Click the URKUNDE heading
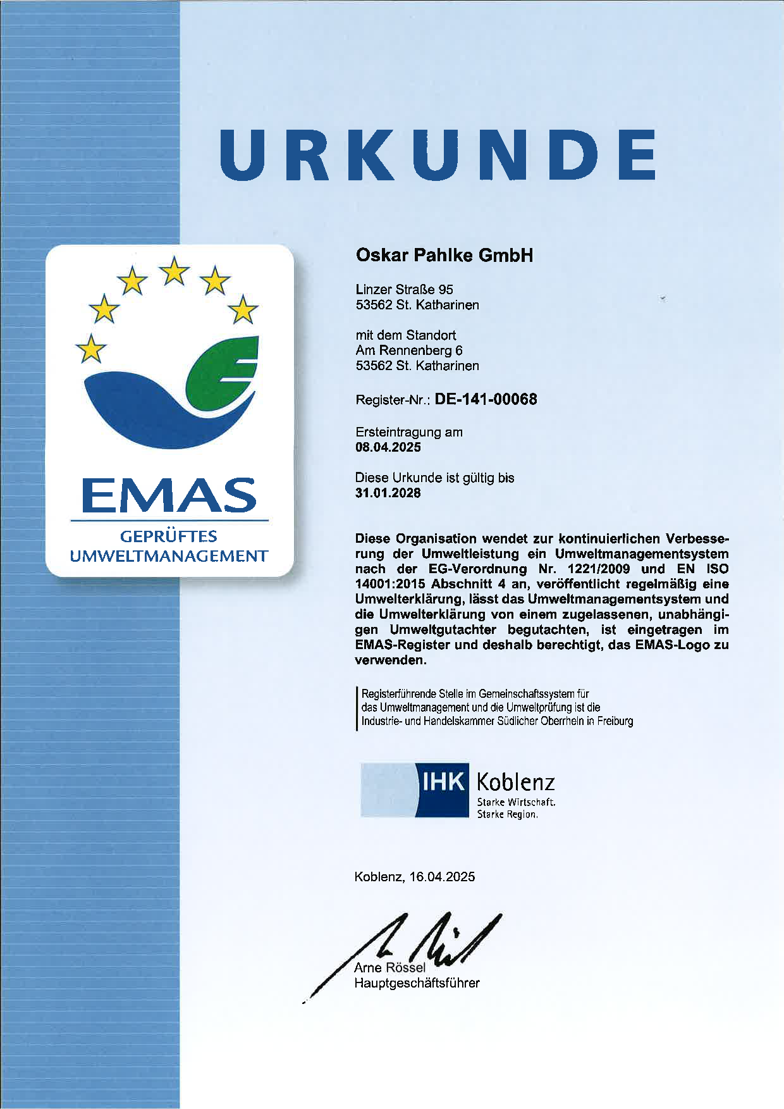438,156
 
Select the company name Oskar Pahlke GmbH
444,255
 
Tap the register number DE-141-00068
486,399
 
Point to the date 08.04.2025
388,447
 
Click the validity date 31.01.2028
388,493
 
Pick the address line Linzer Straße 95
404,289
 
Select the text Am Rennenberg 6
408,350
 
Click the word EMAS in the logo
169,495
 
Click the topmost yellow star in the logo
174,271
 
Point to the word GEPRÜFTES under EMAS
169,536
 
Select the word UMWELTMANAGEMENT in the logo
169,557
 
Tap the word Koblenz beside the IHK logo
515,783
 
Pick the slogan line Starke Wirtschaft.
516,802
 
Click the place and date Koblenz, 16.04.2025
414,877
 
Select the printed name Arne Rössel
389,967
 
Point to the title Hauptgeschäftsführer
417,983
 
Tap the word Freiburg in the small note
615,721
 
